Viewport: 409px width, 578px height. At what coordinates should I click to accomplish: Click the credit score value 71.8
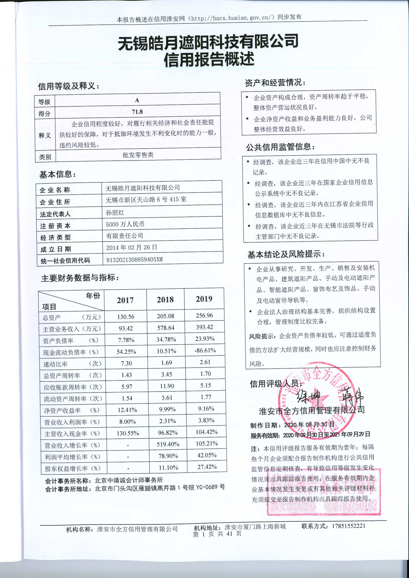(x=137, y=111)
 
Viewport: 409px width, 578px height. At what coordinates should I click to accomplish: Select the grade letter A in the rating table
(x=137, y=100)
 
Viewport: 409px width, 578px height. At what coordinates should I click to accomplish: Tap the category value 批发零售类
(x=138, y=155)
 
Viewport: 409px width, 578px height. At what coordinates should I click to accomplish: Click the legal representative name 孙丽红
(x=115, y=212)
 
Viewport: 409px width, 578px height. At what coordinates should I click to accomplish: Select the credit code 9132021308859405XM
(x=134, y=259)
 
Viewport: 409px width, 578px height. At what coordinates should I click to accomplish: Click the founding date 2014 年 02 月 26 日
(x=132, y=247)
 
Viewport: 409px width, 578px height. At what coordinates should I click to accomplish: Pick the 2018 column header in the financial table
(x=165, y=300)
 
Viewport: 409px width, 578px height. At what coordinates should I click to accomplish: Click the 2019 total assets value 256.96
(x=204, y=315)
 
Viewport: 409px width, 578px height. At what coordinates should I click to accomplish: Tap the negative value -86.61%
(x=205, y=350)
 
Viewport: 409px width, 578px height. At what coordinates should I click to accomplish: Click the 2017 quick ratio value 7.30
(x=126, y=363)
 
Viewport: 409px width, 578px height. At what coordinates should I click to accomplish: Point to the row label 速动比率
(x=55, y=364)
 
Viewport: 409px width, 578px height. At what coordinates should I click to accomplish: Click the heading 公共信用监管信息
(x=280, y=147)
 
